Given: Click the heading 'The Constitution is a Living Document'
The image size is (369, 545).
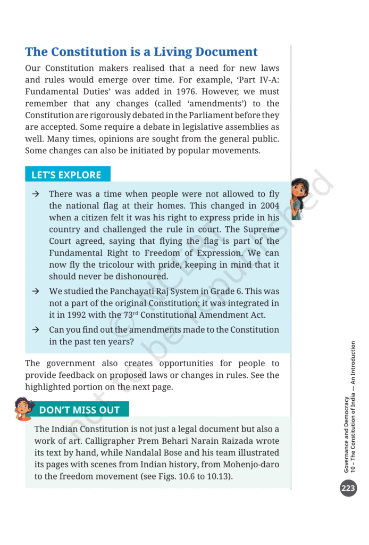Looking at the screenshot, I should click(141, 52).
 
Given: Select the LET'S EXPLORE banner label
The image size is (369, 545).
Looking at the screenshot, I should click(66, 175).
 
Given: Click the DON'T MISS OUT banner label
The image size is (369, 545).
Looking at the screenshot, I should click(79, 410).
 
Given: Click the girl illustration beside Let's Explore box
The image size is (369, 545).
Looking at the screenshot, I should click(300, 198).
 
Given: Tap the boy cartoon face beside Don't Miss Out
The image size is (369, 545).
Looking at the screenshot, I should click(24, 408).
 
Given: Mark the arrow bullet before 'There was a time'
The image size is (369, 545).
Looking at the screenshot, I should click(35, 194).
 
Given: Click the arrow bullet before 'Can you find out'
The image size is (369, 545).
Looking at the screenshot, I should click(35, 329).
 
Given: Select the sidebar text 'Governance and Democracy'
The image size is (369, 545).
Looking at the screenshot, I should click(347, 434).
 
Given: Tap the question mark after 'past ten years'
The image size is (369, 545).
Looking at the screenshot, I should click(131, 341).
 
